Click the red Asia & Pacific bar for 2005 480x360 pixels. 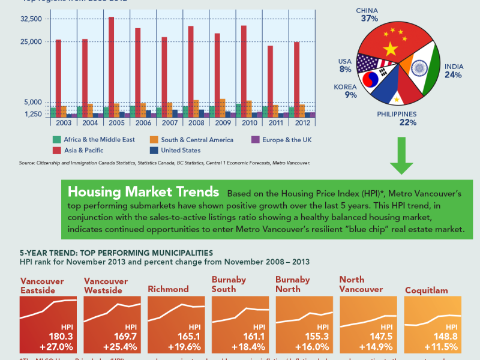tap(112, 66)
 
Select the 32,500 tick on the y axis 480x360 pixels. tap(31, 19)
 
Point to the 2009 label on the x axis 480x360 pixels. tap(223, 123)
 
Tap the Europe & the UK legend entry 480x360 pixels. tap(283, 140)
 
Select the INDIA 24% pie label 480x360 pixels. tap(453, 71)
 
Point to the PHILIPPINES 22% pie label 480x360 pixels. tap(397, 118)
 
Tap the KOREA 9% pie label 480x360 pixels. tap(346, 91)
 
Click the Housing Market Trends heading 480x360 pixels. tap(143, 192)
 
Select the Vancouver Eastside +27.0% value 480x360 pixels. tap(56, 347)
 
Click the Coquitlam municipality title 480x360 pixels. tap(427, 290)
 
